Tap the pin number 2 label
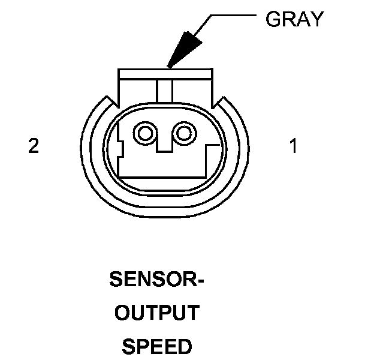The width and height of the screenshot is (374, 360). pos(34,146)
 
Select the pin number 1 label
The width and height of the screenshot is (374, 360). pos(293,146)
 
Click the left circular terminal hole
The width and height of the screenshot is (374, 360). pos(144,133)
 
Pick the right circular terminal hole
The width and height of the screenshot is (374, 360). pos(184,133)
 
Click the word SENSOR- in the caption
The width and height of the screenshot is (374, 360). pos(156,280)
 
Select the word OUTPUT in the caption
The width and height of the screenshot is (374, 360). pos(156,313)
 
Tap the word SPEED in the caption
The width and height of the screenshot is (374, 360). pos(156,346)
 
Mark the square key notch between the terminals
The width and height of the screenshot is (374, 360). pos(164,144)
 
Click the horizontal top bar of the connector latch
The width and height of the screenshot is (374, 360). pos(165,74)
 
